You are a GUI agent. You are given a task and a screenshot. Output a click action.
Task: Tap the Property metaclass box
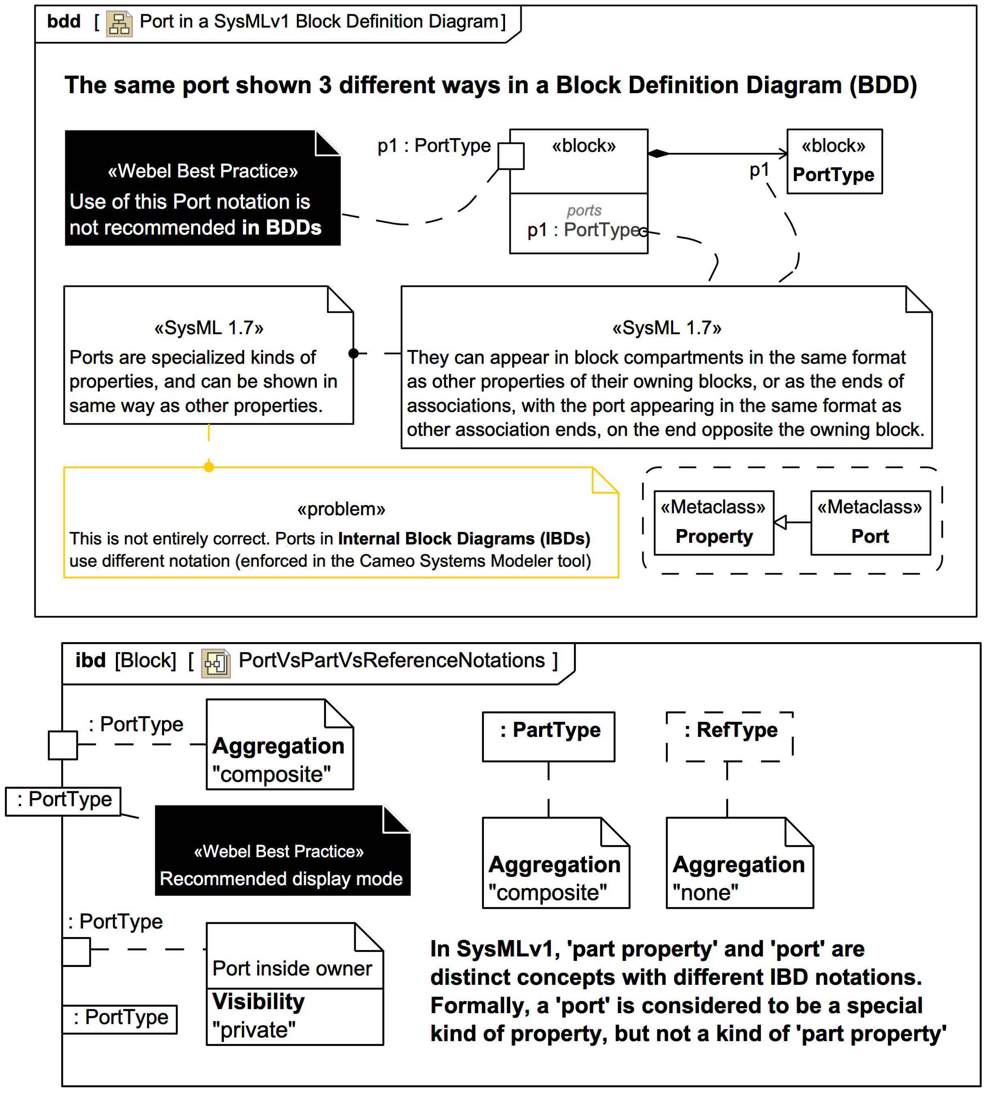pyautogui.click(x=713, y=523)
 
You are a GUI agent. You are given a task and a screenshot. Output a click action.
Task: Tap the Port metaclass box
pyautogui.click(x=870, y=523)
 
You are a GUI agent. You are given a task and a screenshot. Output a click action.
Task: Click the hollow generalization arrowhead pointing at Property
pyautogui.click(x=780, y=523)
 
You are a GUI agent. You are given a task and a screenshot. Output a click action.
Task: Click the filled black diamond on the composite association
pyautogui.click(x=658, y=154)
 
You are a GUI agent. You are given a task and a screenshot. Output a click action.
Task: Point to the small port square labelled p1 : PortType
pyautogui.click(x=511, y=156)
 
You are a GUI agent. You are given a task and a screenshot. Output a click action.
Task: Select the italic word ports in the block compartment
pyautogui.click(x=584, y=210)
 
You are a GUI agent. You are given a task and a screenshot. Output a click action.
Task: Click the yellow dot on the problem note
pyautogui.click(x=209, y=467)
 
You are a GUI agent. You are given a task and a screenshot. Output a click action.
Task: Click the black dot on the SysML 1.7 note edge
pyautogui.click(x=354, y=354)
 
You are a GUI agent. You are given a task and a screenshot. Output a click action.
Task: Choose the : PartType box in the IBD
pyautogui.click(x=548, y=736)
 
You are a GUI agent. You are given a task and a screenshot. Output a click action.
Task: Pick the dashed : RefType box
pyautogui.click(x=729, y=736)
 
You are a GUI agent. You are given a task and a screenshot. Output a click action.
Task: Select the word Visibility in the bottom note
pyautogui.click(x=258, y=1001)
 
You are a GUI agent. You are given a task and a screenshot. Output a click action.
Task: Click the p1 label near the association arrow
pyautogui.click(x=759, y=171)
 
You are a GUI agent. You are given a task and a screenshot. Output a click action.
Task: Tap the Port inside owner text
pyautogui.click(x=292, y=969)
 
